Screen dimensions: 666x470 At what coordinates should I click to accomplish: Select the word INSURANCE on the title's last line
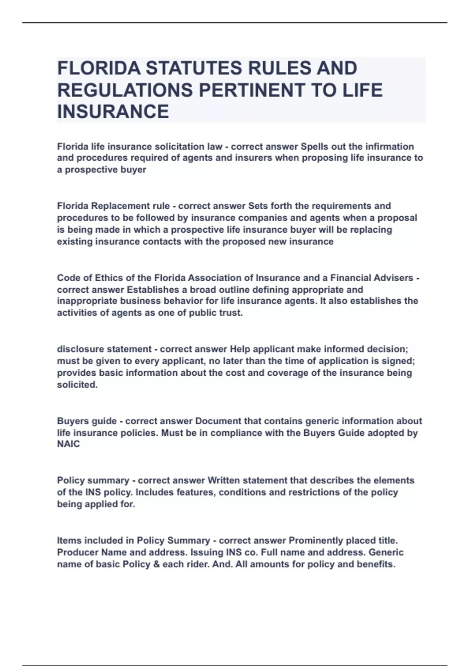pos(113,112)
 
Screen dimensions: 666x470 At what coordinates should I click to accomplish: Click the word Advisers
pos(391,278)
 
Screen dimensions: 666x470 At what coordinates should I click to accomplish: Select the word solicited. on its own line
pos(77,385)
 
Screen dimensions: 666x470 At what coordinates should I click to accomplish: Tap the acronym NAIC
pos(69,444)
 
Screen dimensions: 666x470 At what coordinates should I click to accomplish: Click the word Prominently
pos(316,541)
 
